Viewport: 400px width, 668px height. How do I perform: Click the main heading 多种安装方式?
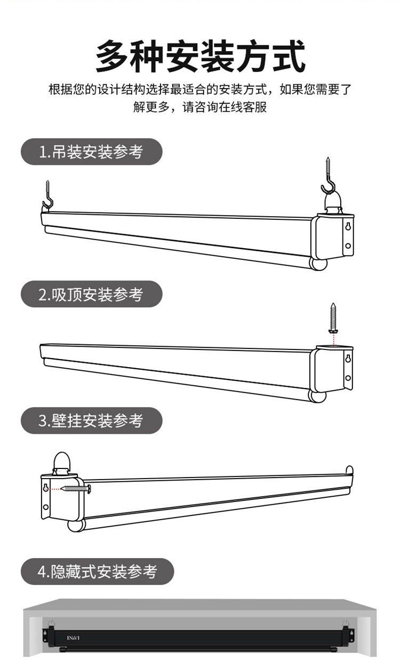(x=201, y=57)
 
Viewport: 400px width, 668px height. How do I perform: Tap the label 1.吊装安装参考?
(x=91, y=152)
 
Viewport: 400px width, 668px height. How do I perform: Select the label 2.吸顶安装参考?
(x=91, y=295)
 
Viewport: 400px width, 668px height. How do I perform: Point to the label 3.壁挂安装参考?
(x=91, y=420)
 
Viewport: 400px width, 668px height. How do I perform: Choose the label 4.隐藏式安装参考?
(x=97, y=571)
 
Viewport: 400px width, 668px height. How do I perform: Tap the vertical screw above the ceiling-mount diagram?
(x=333, y=318)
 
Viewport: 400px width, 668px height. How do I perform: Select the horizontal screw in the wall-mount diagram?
(x=76, y=489)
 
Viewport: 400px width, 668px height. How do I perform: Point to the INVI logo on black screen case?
(x=73, y=638)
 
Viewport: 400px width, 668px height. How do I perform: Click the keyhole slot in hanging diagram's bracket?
(x=348, y=227)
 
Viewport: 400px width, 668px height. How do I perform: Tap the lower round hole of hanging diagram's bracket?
(x=348, y=246)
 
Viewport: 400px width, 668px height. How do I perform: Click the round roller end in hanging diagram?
(x=318, y=264)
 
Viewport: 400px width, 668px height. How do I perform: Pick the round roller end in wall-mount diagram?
(x=76, y=526)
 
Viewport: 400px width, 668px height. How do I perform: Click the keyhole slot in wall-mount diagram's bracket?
(x=46, y=488)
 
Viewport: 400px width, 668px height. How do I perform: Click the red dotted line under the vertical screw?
(x=333, y=340)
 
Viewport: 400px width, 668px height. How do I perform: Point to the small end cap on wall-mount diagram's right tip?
(x=349, y=469)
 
